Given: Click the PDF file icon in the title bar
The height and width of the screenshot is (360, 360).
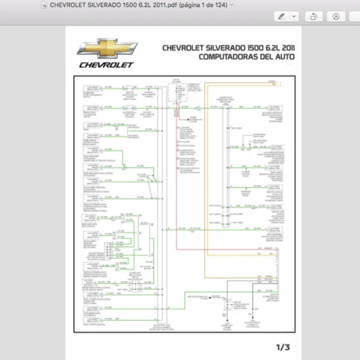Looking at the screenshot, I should point(44,4).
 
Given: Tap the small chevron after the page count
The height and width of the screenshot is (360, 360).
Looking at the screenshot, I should point(232,4).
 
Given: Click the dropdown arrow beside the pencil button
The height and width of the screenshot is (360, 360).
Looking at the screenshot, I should point(294,17).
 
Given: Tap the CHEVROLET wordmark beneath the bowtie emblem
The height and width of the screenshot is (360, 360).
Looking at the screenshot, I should point(106,64).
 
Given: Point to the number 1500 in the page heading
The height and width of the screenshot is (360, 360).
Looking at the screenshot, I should point(256,48).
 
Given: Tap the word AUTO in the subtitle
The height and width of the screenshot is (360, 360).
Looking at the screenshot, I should point(287,58).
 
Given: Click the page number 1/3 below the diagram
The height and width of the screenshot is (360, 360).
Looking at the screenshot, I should point(282,347).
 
